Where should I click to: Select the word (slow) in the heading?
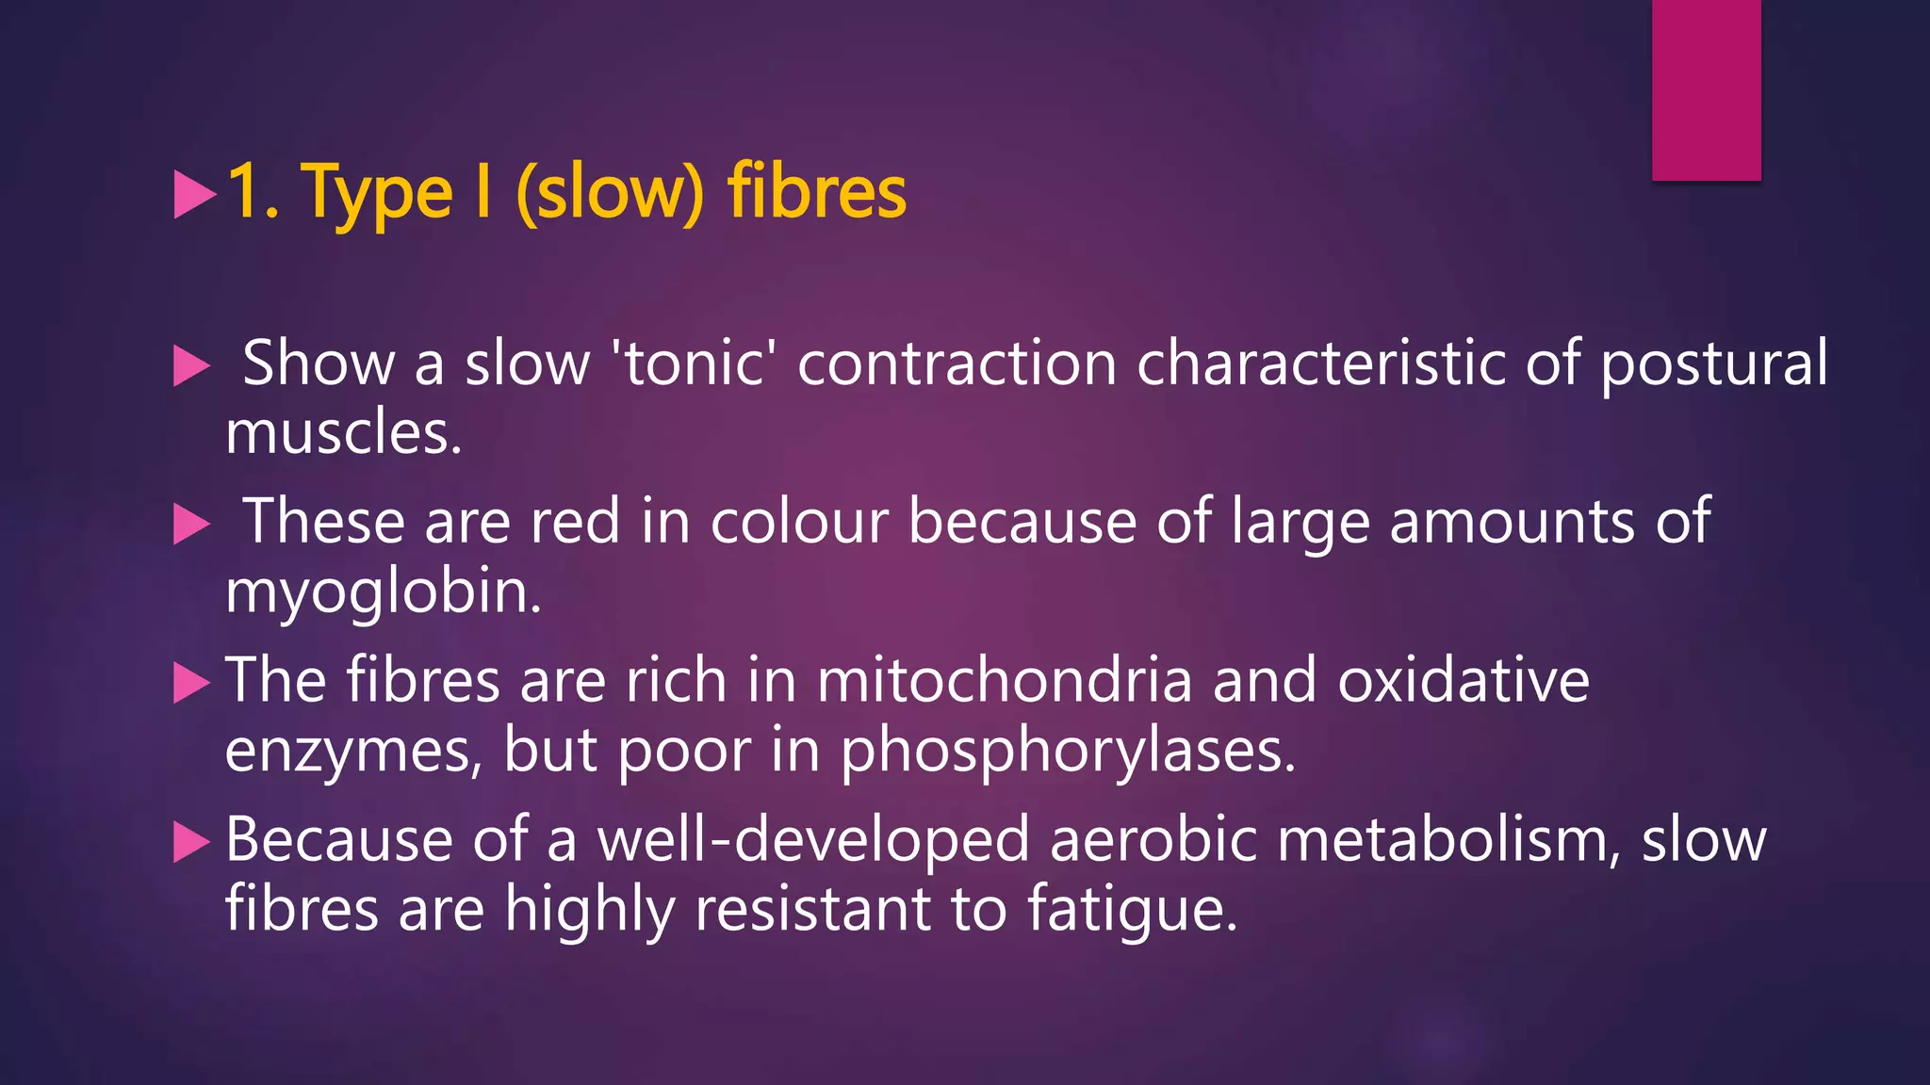pos(610,193)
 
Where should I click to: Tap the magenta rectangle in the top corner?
pos(1706,89)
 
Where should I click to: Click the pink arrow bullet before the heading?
pos(195,194)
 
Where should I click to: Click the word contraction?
pos(957,363)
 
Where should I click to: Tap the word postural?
pos(1713,363)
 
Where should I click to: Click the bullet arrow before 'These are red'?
pos(191,524)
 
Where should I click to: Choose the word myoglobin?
pos(384,592)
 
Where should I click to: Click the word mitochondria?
pos(1005,679)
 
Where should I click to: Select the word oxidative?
pos(1464,679)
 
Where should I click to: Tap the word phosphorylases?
pos(1068,751)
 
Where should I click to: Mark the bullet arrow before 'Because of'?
pos(191,841)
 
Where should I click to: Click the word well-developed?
pos(813,839)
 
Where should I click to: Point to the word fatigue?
pos(1131,910)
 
